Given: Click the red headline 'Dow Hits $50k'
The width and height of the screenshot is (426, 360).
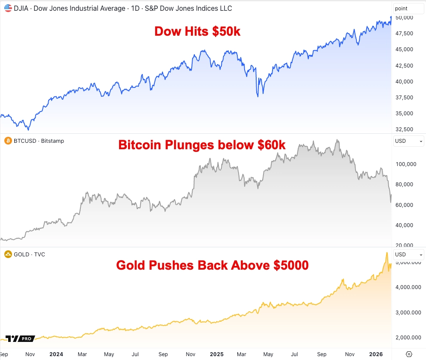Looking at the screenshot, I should click(x=197, y=31).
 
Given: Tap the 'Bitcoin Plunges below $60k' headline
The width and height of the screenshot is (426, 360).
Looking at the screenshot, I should click(x=202, y=145).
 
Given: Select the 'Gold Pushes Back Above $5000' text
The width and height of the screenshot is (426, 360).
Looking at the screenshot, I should click(x=212, y=265).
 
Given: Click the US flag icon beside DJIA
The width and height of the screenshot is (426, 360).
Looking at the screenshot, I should click(x=8, y=8).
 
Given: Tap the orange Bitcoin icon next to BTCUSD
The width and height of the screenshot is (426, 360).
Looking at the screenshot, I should click(x=8, y=141).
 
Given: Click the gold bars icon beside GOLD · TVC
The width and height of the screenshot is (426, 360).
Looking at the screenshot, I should click(x=8, y=254).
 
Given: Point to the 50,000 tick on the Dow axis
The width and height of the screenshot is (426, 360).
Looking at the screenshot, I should click(x=404, y=17).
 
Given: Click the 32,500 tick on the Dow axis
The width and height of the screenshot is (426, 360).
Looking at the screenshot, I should click(x=404, y=129).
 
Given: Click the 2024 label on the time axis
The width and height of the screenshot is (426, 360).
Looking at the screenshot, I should click(x=56, y=354).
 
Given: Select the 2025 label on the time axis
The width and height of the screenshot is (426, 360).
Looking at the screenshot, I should click(x=217, y=354).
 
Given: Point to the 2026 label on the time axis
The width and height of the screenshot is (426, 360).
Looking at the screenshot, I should click(x=376, y=354).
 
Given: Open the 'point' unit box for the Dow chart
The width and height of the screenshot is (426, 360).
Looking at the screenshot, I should click(x=408, y=8).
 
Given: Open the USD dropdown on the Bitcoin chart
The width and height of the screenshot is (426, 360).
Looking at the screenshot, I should click(x=408, y=141).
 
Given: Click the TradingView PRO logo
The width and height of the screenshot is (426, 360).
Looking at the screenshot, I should click(x=20, y=338).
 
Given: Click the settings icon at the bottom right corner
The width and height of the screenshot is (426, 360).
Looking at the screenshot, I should click(x=409, y=354).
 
